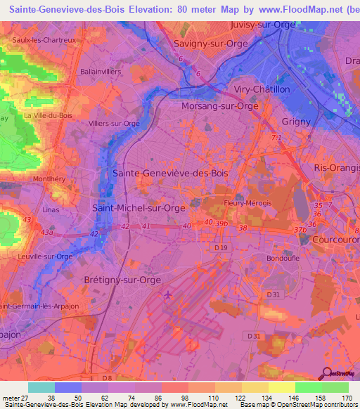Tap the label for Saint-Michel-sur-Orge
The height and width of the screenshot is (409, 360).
(x=139, y=207)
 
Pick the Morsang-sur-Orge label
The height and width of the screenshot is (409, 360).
(x=219, y=106)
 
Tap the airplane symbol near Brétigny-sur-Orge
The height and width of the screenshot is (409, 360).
(x=167, y=294)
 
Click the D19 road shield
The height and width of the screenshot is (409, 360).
(x=221, y=248)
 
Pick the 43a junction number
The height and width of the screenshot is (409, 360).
(x=47, y=232)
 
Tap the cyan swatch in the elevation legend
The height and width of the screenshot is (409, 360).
(x=41, y=387)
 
